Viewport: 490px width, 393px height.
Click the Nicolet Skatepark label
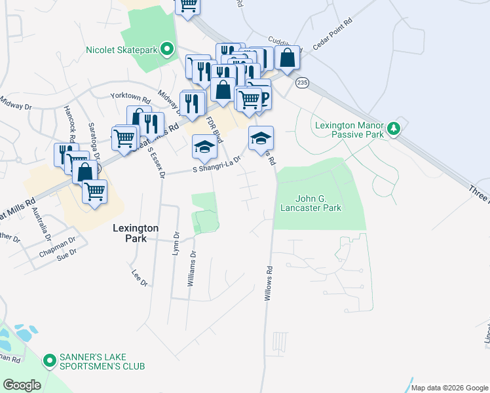[x=123, y=49]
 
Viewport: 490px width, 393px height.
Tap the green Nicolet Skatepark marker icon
[x=167, y=48]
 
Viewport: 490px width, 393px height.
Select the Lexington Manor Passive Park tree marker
[x=393, y=128]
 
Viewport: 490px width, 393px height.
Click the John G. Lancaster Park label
[x=319, y=203]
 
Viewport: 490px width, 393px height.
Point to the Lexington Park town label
[x=135, y=234]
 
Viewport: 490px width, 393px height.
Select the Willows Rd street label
[x=268, y=283]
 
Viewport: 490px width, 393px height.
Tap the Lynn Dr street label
[x=176, y=243]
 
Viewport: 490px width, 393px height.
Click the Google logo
[x=22, y=385]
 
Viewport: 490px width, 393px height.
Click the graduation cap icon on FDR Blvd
[x=204, y=147]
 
